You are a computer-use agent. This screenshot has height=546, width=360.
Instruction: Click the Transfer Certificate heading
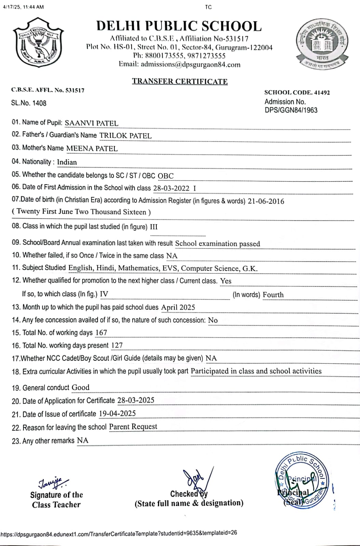click(180, 81)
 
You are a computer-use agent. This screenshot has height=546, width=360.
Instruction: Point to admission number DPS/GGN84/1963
click(291, 110)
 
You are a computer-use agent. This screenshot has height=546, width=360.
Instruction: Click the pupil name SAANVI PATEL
click(91, 123)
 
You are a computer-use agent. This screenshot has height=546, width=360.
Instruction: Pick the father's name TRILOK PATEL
click(125, 135)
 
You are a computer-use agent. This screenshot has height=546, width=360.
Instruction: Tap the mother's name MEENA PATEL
click(92, 148)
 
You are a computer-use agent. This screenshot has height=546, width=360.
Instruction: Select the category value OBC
click(166, 176)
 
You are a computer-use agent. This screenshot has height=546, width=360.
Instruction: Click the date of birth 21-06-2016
click(266, 201)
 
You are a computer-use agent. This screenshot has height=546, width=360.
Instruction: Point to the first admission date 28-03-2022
click(171, 188)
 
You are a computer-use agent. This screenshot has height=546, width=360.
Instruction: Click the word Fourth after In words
click(273, 294)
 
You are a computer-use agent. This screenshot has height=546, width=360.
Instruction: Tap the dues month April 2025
click(178, 307)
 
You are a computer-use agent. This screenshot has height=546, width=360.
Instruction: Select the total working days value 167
click(101, 332)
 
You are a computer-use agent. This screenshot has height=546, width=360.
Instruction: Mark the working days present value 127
click(117, 345)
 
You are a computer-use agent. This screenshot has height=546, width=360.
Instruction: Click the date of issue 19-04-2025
click(117, 414)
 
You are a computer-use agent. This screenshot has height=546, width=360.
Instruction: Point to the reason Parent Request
click(133, 427)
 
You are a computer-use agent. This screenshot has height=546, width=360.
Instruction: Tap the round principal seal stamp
click(301, 482)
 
